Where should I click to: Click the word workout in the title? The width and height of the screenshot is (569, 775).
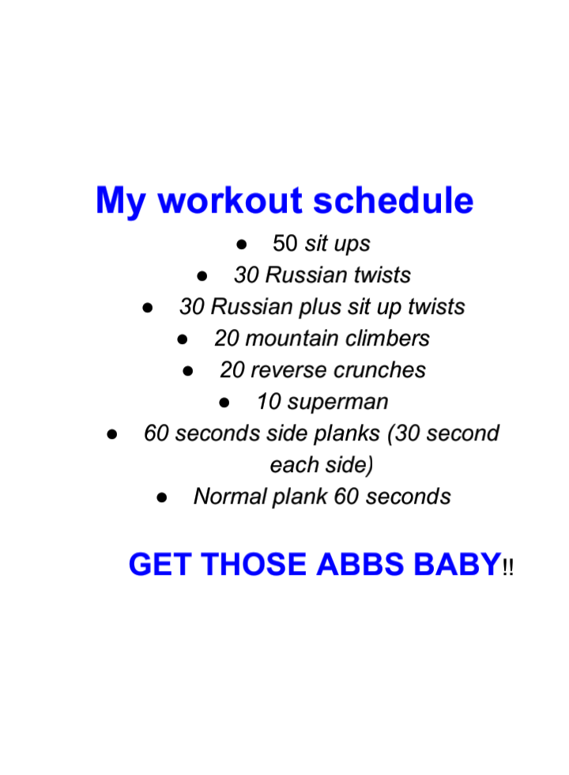(230, 201)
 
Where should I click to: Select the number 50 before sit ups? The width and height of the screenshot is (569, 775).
(285, 244)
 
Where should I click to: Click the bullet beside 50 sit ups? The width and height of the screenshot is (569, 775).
(242, 244)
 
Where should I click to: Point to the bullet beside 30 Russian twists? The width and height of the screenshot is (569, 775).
(202, 276)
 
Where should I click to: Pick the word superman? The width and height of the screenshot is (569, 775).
(338, 403)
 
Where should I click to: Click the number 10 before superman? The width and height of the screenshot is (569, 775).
(269, 402)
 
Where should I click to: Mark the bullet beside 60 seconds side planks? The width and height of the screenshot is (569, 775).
(112, 434)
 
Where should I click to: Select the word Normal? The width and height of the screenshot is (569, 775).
(230, 497)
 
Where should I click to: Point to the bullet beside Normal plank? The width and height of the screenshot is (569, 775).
(161, 497)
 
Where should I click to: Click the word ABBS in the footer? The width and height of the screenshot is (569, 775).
(360, 565)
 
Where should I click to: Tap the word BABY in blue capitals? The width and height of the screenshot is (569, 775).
(458, 565)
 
